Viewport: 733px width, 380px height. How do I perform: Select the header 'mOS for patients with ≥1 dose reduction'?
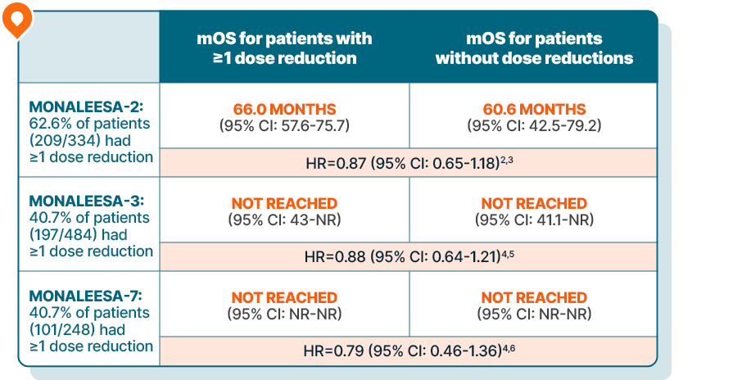click(284, 48)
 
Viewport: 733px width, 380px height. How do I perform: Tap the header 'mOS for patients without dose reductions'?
click(534, 48)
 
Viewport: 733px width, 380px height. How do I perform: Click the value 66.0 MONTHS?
click(284, 109)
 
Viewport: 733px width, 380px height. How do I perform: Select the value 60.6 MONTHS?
click(534, 109)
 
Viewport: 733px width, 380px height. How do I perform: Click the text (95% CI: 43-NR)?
click(284, 219)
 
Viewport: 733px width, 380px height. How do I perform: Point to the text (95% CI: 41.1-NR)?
click(534, 219)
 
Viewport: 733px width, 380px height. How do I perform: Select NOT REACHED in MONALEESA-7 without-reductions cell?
click(534, 297)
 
